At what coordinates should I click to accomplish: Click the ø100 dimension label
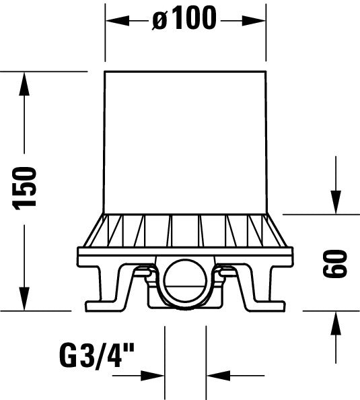click(184, 20)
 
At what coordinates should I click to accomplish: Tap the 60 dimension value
click(334, 263)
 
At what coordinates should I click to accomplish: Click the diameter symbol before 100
click(159, 20)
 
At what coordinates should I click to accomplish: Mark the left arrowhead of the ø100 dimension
click(114, 20)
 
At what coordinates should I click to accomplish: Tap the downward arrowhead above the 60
click(334, 201)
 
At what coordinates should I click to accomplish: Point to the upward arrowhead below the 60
click(334, 323)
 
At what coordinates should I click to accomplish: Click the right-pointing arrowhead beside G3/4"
click(155, 374)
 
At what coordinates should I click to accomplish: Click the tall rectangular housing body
click(186, 141)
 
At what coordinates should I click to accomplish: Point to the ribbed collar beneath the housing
click(186, 230)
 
